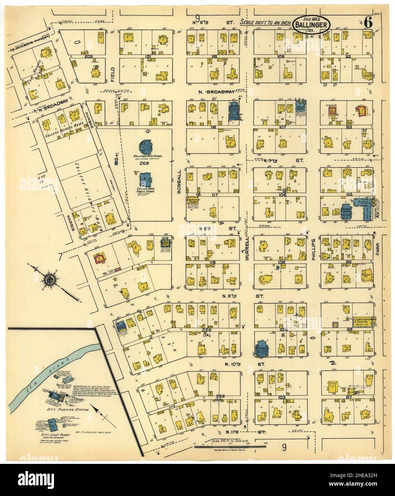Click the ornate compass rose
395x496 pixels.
click(49, 276)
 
